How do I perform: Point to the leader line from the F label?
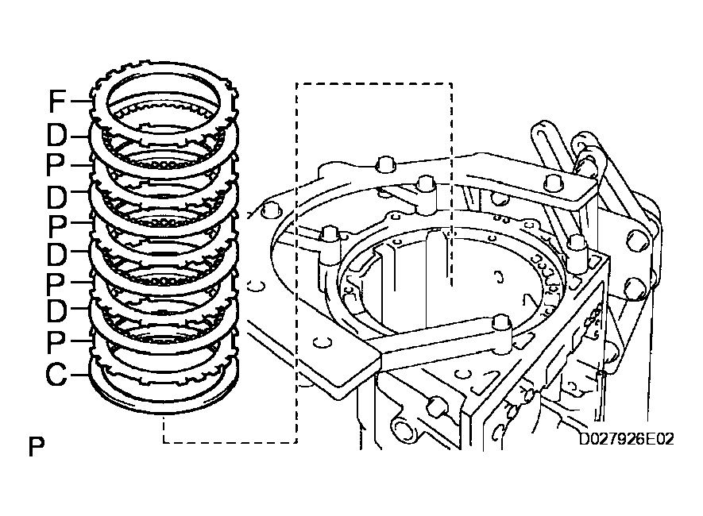[x=82, y=102]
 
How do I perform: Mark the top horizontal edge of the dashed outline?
[x=373, y=83]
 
